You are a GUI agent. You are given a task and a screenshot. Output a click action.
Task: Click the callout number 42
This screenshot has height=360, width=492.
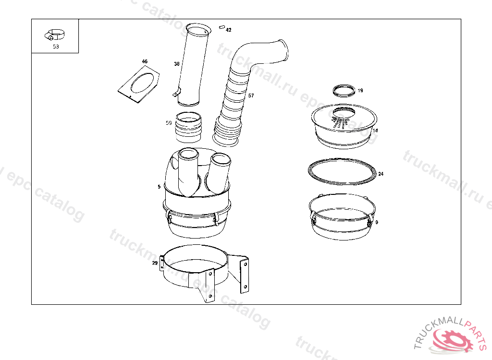coord(228,30)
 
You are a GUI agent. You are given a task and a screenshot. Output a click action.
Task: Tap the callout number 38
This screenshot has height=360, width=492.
coord(177,64)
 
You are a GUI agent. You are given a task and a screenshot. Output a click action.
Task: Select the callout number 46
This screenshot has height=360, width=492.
coord(145,61)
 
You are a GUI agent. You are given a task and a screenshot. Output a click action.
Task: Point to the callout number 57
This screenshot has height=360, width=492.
coord(251,96)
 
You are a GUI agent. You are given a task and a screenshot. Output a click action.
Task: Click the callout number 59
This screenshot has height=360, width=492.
coord(169,123)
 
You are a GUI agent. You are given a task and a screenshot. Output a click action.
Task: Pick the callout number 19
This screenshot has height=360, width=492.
coord(360,91)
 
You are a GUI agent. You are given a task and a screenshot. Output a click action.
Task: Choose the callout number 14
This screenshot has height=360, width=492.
coord(375,131)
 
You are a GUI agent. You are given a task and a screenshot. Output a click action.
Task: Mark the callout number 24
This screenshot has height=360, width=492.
coord(381,174)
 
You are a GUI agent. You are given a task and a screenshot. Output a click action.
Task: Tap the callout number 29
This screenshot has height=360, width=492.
coord(155,263)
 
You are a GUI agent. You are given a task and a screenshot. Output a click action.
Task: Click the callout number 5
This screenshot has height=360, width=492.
coord(159,187)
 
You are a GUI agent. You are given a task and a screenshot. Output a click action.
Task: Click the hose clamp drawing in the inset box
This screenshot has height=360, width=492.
coord(55,35)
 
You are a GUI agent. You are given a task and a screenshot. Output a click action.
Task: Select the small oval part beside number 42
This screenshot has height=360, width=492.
coord(222,27)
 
